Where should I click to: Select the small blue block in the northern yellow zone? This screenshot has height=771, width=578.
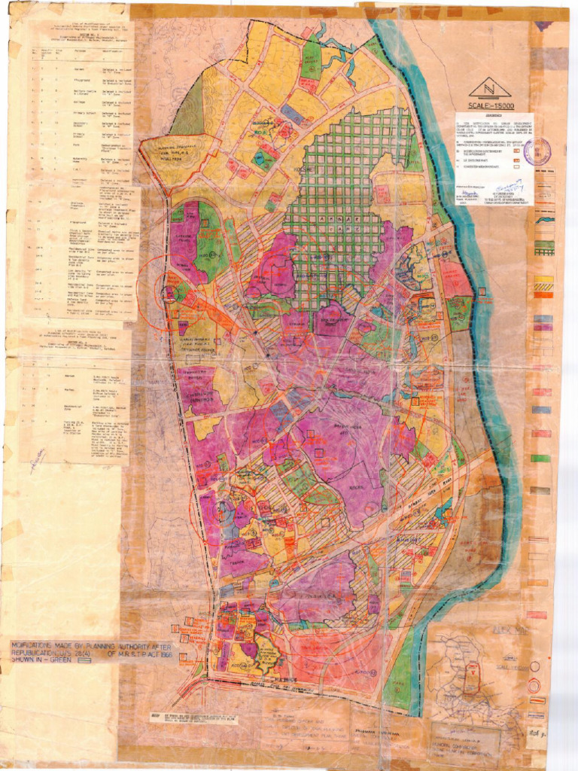pos(293,114)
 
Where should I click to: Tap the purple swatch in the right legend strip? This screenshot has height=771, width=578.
pos(543,319)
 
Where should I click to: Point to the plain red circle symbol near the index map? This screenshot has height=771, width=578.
pos(535,666)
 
